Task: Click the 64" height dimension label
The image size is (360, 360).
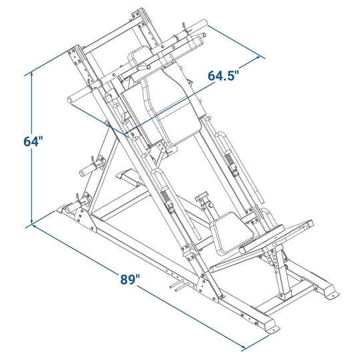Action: [33, 141]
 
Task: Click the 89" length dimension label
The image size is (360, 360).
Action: [130, 279]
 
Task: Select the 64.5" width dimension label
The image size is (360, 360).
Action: [223, 75]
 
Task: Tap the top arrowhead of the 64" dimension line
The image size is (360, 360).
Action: [32, 73]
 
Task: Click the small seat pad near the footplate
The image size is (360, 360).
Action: [232, 232]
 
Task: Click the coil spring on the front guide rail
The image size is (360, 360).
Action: [165, 197]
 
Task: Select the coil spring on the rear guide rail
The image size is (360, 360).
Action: [229, 159]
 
